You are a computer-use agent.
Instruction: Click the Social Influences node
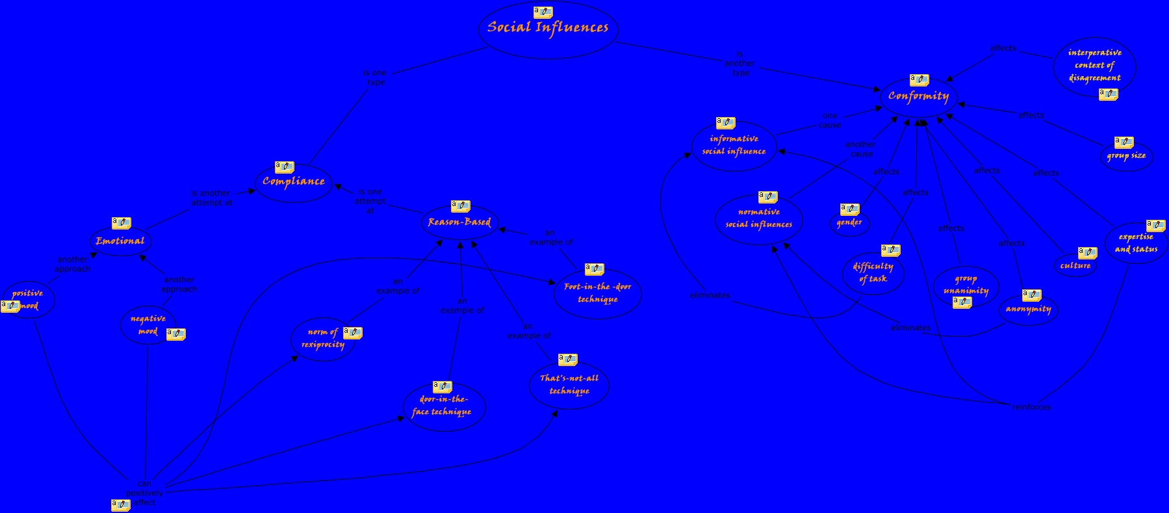click(x=548, y=28)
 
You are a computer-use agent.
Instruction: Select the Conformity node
click(x=918, y=97)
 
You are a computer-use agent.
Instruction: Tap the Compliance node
click(x=294, y=182)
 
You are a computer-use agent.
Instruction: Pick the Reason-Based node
click(x=459, y=222)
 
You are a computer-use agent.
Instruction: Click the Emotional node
click(x=120, y=241)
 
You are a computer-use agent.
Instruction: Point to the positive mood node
click(x=29, y=299)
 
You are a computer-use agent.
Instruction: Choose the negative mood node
click(x=148, y=324)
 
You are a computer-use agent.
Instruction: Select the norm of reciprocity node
click(x=322, y=339)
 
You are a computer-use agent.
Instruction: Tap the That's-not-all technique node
click(x=569, y=384)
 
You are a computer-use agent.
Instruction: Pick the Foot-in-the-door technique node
click(x=598, y=293)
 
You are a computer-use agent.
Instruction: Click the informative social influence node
click(x=734, y=145)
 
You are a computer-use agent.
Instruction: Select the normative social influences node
click(x=758, y=218)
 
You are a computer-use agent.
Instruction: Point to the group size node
click(x=1126, y=156)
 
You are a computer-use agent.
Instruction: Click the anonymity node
click(x=1028, y=309)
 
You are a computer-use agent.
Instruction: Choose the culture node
click(x=1075, y=266)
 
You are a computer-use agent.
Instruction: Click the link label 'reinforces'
click(x=1031, y=407)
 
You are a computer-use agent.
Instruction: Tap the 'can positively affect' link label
click(x=144, y=493)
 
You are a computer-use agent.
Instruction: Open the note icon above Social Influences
click(x=543, y=12)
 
